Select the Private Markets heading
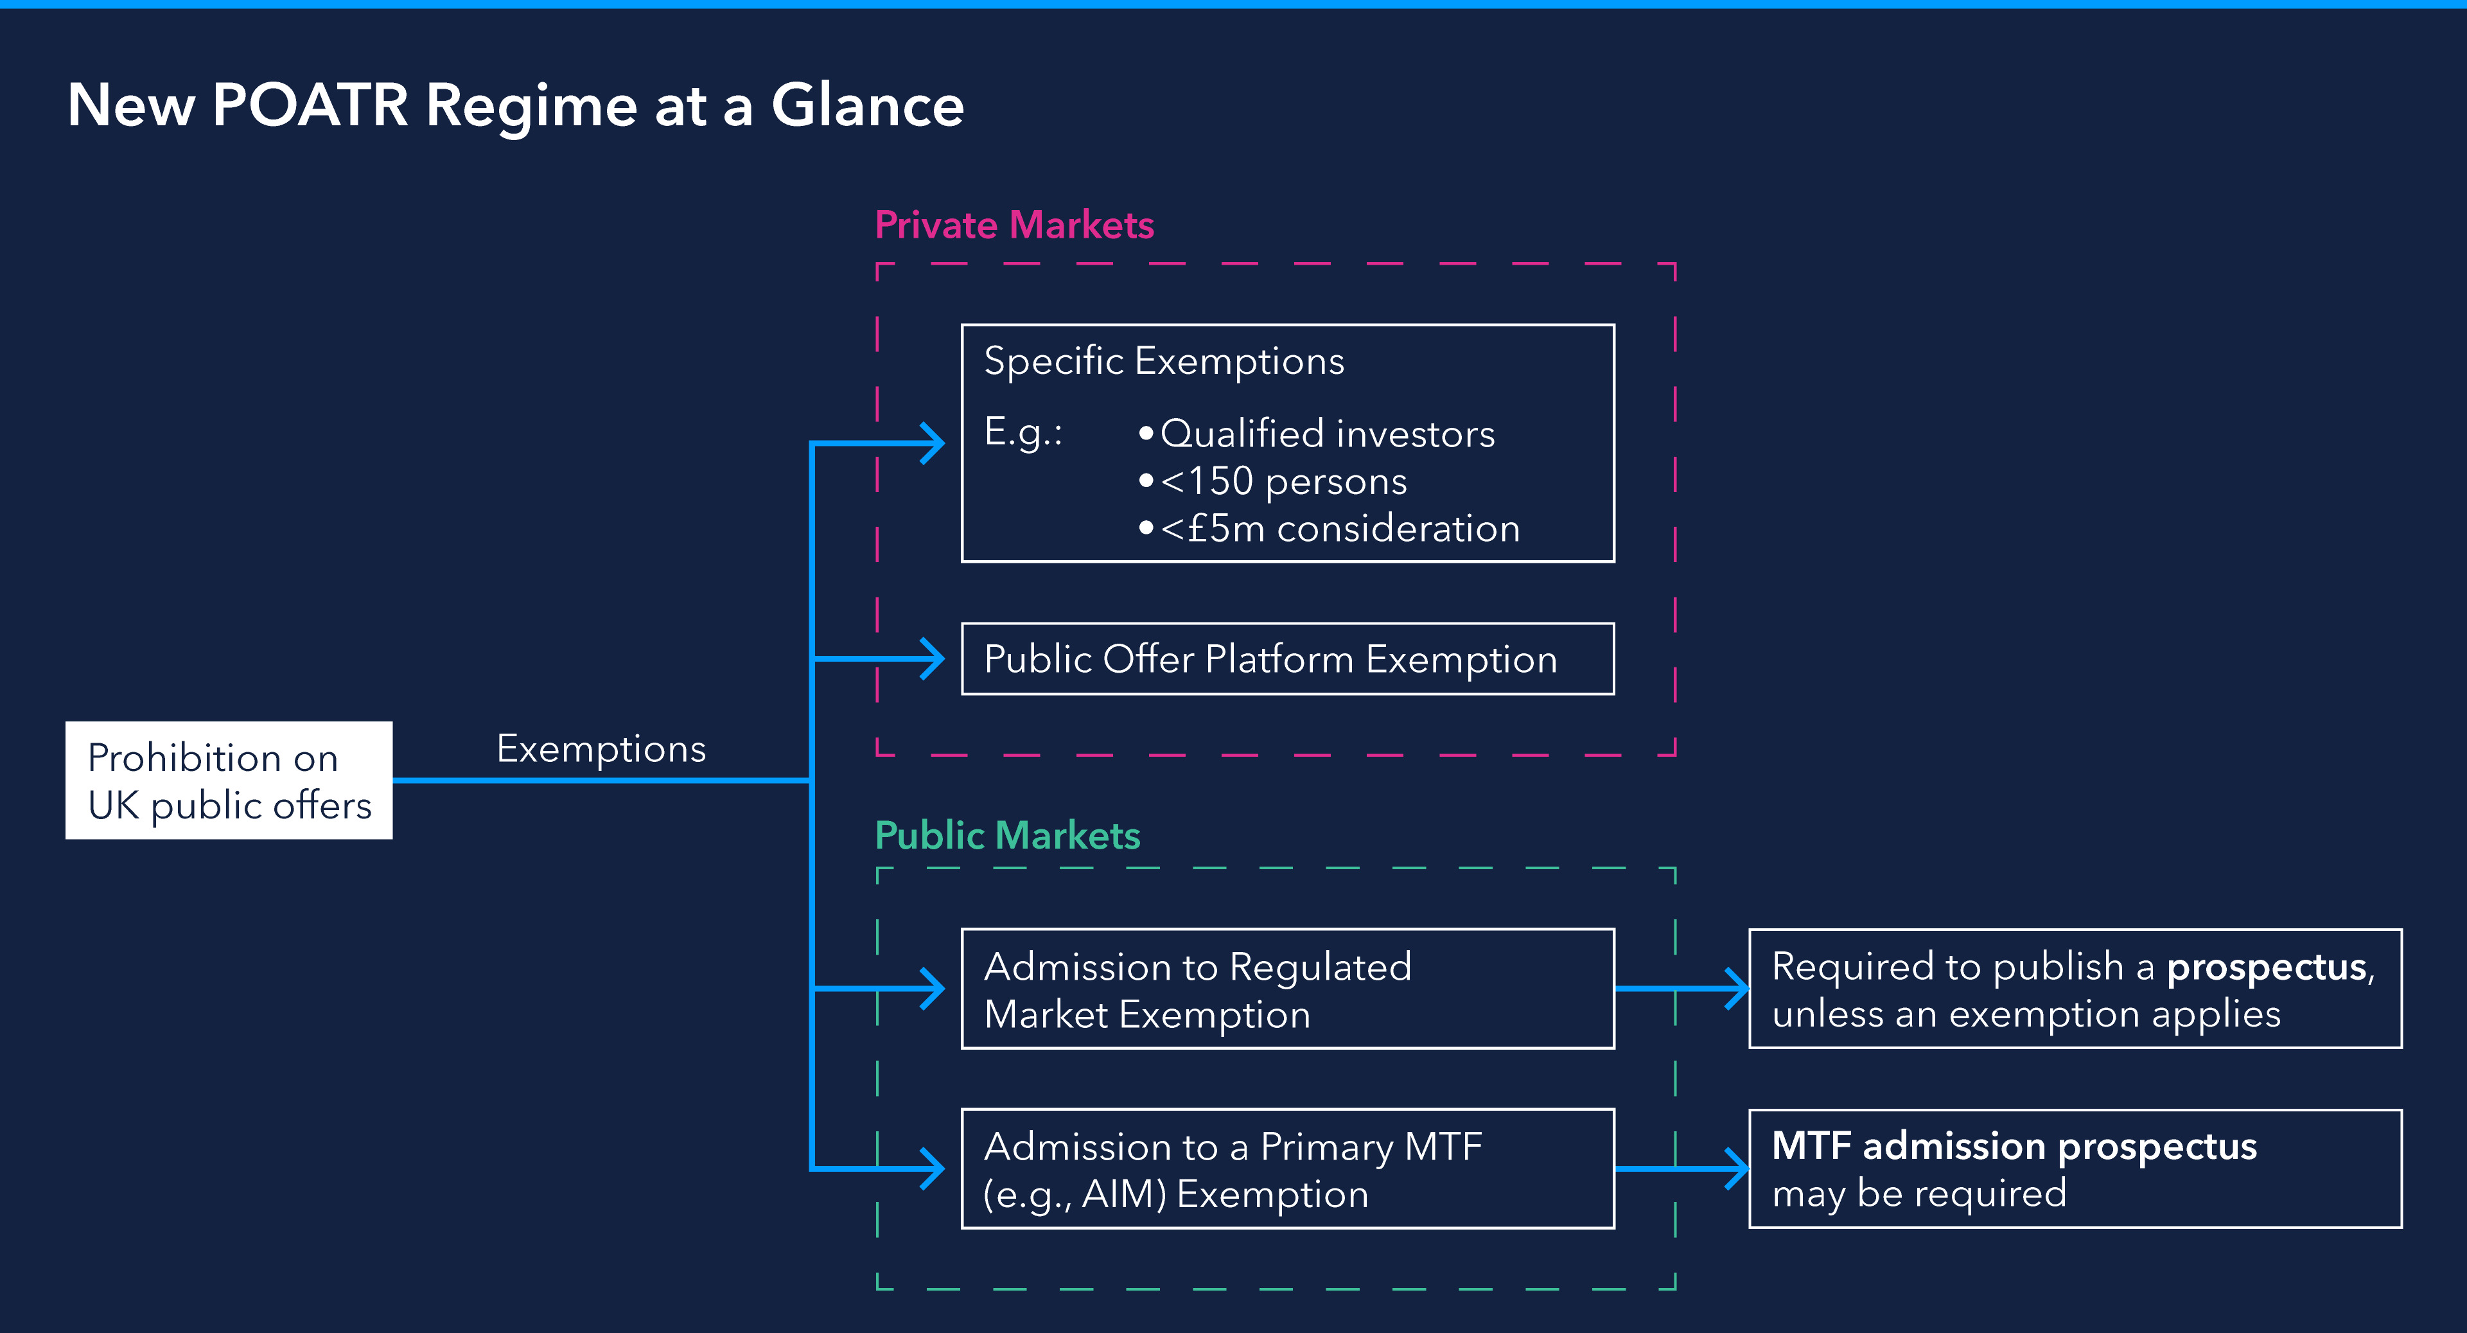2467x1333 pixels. click(x=1014, y=225)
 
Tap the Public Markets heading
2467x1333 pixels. click(x=1008, y=835)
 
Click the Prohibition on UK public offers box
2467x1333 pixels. click(x=229, y=781)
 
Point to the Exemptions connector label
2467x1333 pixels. click(x=601, y=749)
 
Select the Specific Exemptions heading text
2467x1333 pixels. click(x=1164, y=361)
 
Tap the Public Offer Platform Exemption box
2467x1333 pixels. click(x=1287, y=659)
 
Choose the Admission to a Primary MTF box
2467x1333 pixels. click(x=1287, y=1169)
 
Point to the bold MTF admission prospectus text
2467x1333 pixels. click(x=2014, y=1146)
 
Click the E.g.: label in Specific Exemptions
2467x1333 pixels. click(x=1023, y=433)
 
